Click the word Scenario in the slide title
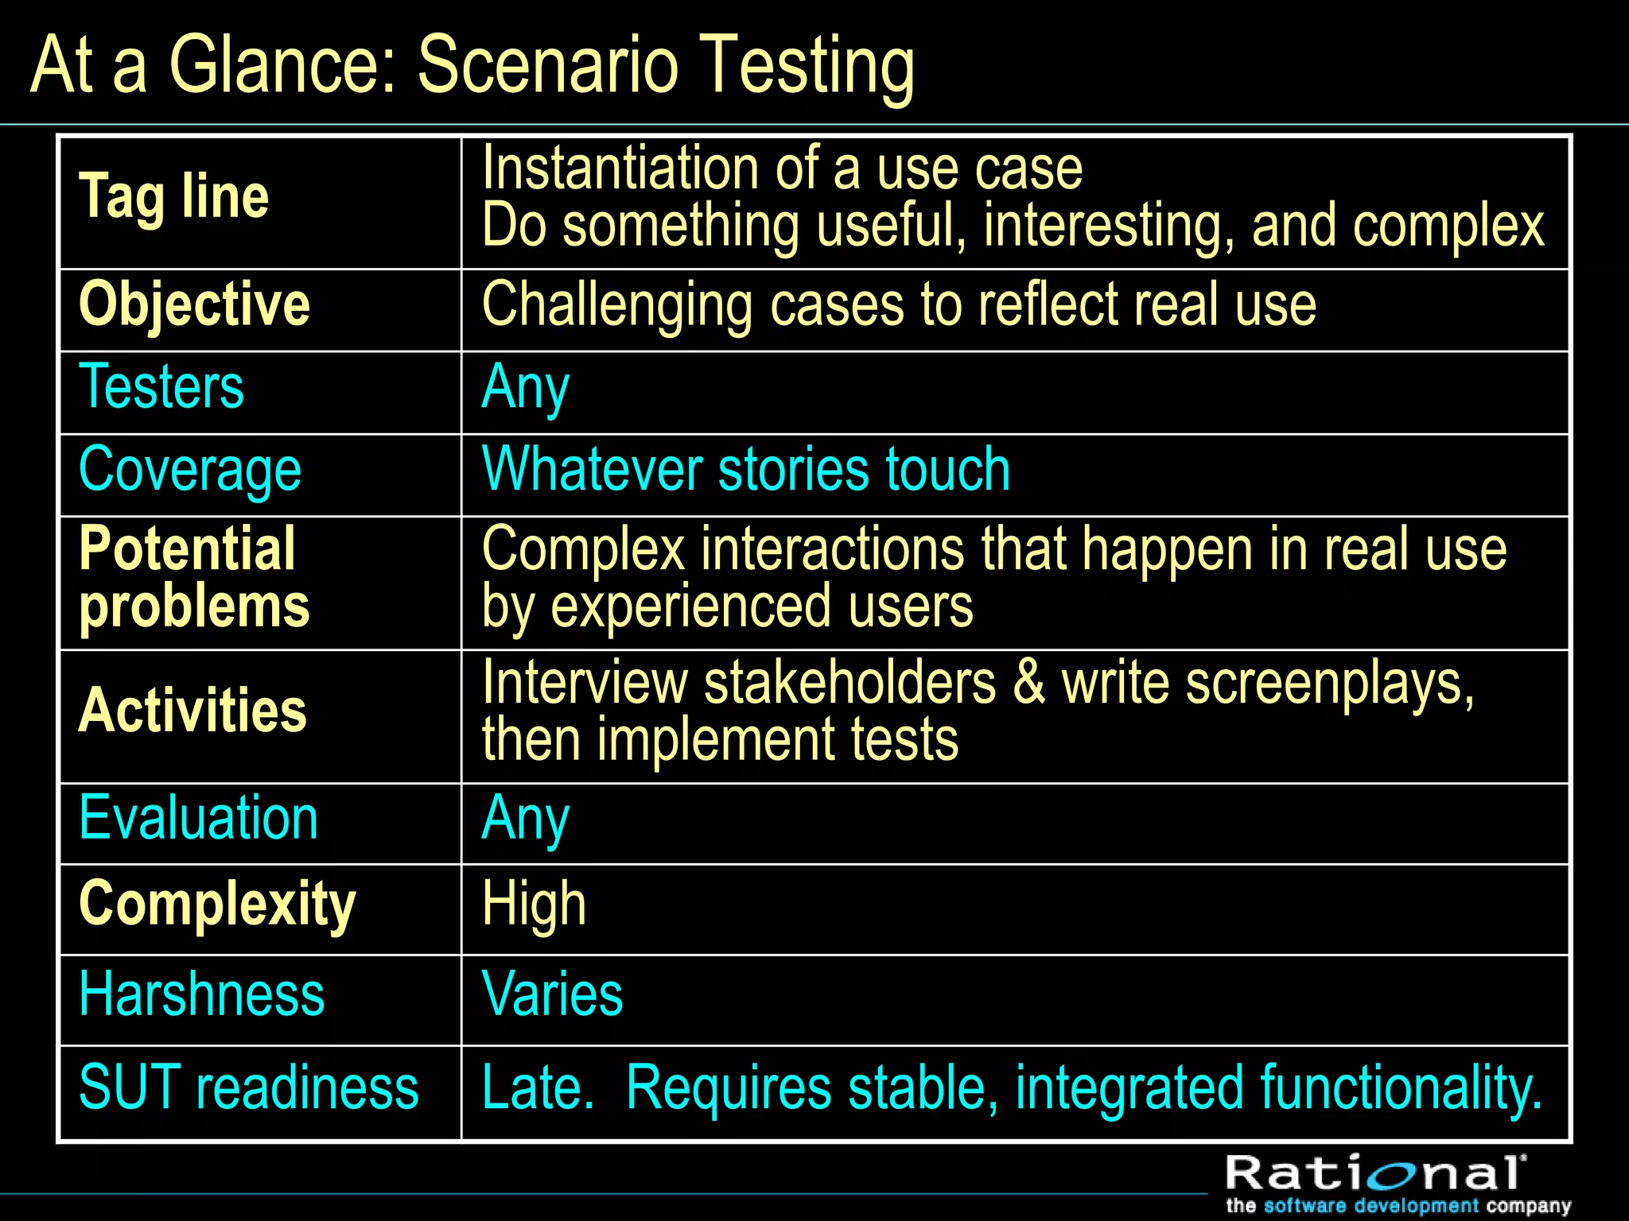(x=548, y=65)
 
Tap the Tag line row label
(x=174, y=196)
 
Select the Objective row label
(x=195, y=304)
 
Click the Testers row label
(x=161, y=386)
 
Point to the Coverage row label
(x=190, y=470)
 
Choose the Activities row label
(x=193, y=710)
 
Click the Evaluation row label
(x=199, y=818)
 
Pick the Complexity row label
(x=217, y=904)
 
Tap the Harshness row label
(x=202, y=994)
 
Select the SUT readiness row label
(x=248, y=1087)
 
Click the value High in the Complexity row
(x=534, y=905)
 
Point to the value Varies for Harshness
(x=552, y=994)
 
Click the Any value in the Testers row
(x=526, y=388)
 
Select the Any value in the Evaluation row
(x=526, y=819)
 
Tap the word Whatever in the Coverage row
(x=592, y=469)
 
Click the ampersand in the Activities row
(x=1029, y=683)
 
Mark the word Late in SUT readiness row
(x=536, y=1087)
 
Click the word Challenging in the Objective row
(x=616, y=305)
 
